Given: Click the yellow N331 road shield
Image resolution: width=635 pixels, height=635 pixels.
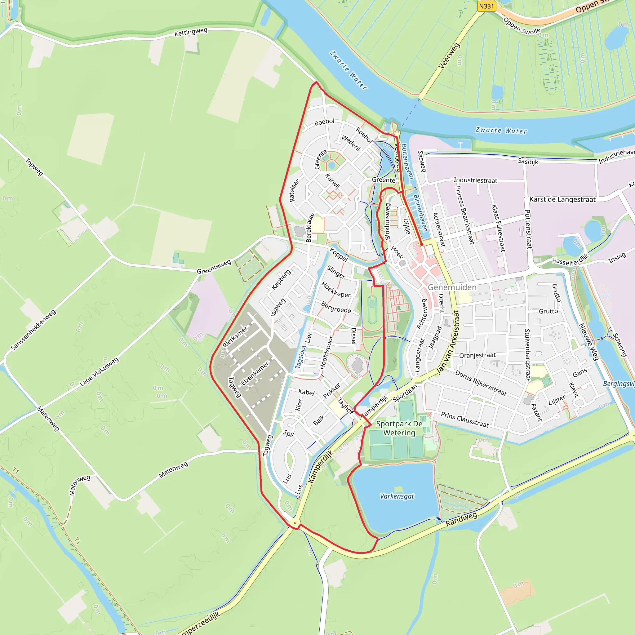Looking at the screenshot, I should (x=486, y=6).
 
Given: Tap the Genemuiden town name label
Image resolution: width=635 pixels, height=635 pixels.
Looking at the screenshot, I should (x=452, y=287).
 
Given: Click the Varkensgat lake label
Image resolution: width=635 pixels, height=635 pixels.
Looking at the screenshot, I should (x=397, y=496).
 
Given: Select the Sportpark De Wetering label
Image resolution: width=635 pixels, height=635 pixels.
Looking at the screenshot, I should (x=399, y=428).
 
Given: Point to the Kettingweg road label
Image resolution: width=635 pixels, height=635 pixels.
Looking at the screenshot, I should (x=191, y=32).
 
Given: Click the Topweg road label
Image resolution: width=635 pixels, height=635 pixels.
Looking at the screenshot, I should (x=34, y=167).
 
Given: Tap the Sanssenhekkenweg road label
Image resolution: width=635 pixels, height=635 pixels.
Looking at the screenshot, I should (x=33, y=330).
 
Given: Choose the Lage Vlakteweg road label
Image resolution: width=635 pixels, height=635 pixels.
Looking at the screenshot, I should (x=99, y=372).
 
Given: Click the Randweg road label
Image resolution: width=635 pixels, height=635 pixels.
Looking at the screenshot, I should (x=461, y=519).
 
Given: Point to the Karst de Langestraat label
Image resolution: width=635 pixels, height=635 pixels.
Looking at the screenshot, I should (x=562, y=199).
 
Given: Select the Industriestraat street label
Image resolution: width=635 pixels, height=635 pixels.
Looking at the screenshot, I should (x=475, y=180).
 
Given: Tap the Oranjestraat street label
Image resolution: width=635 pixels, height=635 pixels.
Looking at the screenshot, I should (x=477, y=355).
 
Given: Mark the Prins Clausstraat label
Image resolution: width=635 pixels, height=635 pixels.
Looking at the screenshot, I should (x=465, y=420).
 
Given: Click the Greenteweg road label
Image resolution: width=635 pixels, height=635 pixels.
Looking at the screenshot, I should (x=214, y=267).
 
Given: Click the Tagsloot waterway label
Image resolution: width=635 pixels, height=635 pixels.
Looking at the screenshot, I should (x=300, y=357).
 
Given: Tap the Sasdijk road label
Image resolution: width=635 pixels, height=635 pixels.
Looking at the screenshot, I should (x=528, y=161).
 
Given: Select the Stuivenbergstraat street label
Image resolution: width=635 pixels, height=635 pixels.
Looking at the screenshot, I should (x=527, y=355).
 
